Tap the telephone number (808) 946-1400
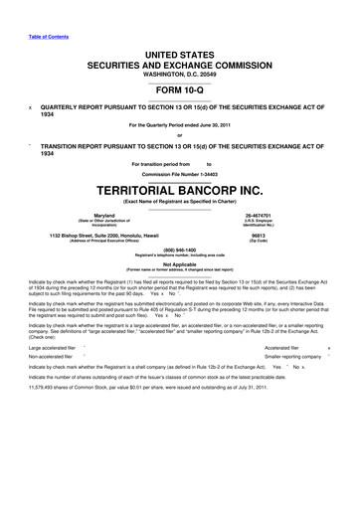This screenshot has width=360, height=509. [180, 252]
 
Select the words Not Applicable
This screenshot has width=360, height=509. [180, 264]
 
